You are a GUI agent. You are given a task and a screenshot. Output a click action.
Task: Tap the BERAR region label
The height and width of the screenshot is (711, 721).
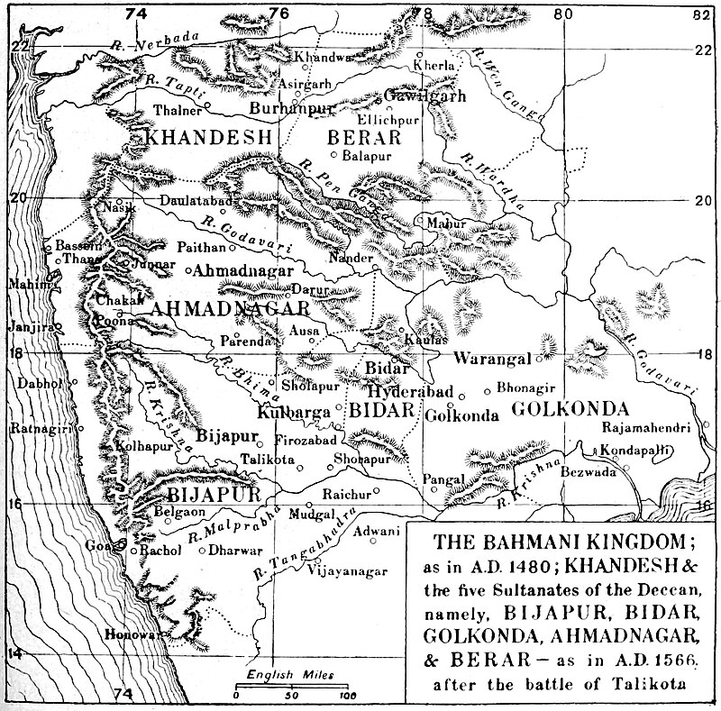click(365, 139)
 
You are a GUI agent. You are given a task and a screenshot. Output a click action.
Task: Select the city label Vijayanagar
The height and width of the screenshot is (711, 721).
click(347, 570)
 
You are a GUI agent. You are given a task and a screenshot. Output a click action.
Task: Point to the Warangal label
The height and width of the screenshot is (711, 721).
click(492, 359)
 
